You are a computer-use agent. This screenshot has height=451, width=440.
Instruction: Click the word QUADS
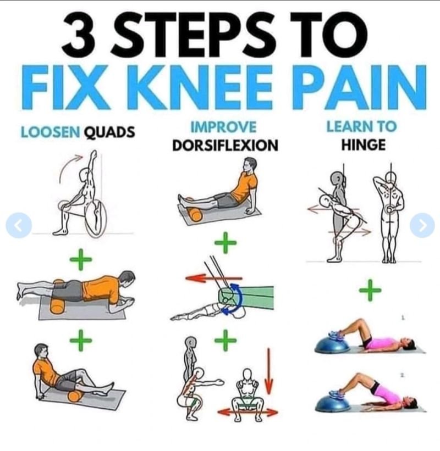point(109,132)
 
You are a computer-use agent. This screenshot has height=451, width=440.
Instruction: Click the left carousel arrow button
point(19,225)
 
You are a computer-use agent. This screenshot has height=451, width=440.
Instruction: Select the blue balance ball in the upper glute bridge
point(332,346)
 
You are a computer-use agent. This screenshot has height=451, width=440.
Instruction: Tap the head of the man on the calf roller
point(250,164)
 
